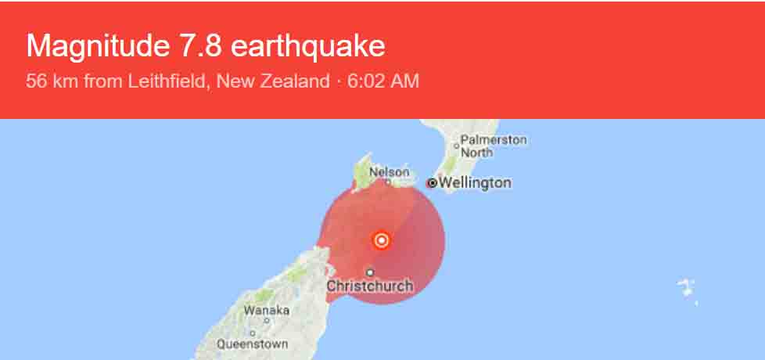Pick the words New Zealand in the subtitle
click(x=274, y=81)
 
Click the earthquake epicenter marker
click(x=381, y=240)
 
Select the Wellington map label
click(x=475, y=183)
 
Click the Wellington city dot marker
click(x=431, y=183)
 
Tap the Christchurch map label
click(x=369, y=286)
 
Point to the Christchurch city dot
click(x=370, y=272)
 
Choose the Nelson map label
click(x=389, y=171)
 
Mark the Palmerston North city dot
click(x=456, y=146)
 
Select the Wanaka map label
click(x=266, y=311)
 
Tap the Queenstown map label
click(x=252, y=344)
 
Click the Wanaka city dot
click(x=266, y=320)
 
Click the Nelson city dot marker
click(x=388, y=181)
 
